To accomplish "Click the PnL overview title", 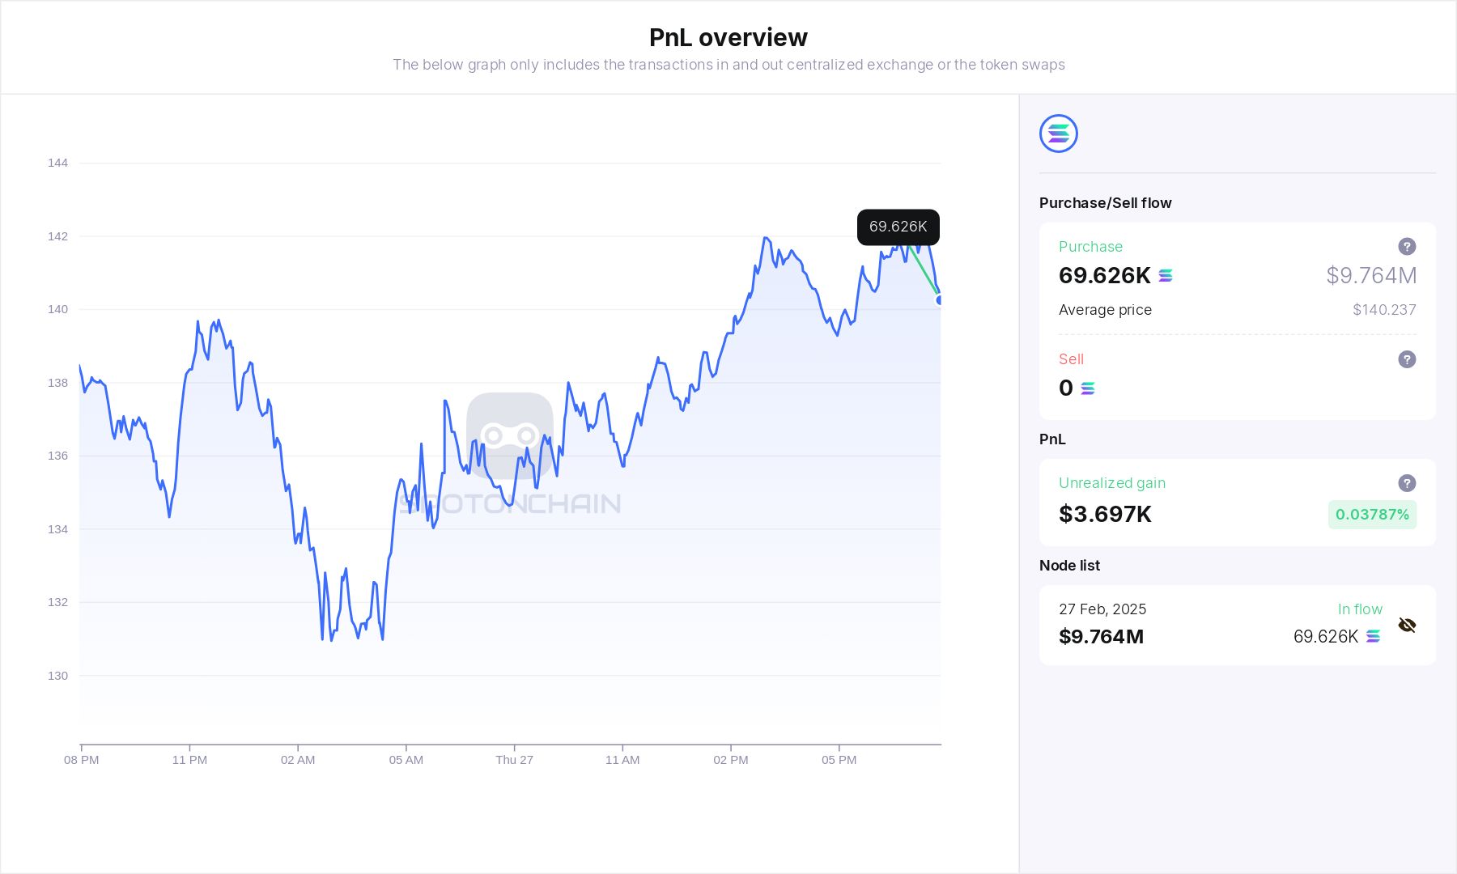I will (x=728, y=37).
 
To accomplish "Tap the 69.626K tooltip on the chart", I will (x=898, y=227).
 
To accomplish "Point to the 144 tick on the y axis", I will (x=57, y=163).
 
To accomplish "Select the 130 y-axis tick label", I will (x=57, y=676).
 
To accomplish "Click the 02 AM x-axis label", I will (x=298, y=760).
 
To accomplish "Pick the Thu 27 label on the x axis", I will (x=514, y=760).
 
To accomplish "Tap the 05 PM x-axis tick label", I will (x=839, y=760).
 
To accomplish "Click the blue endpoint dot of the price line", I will (x=940, y=300).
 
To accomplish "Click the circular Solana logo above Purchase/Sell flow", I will (x=1058, y=134).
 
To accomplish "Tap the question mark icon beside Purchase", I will (x=1407, y=247).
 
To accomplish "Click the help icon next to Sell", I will (x=1407, y=359).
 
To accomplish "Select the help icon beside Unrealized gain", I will (x=1407, y=483).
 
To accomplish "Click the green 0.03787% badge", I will (x=1372, y=515).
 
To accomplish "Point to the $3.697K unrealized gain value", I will (x=1105, y=515).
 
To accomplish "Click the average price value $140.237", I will (x=1384, y=310).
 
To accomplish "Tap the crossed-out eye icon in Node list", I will (x=1407, y=625).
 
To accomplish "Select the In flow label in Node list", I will (x=1360, y=609).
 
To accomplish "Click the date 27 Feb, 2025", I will (x=1102, y=609).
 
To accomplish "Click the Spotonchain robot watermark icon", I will (x=510, y=435).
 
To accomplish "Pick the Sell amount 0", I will (x=1066, y=388).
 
